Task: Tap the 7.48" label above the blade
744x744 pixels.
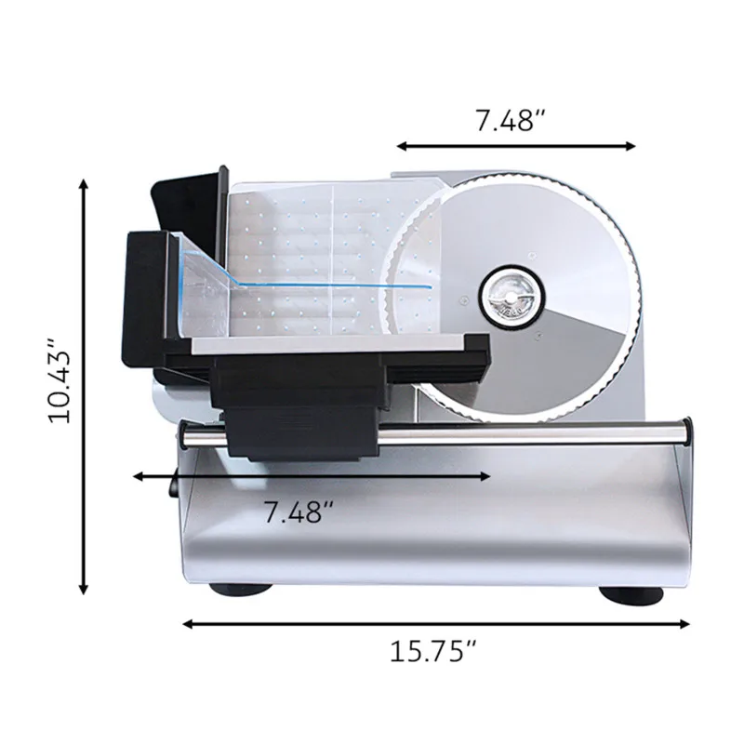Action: coord(509,121)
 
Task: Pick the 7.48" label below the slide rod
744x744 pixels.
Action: coord(299,511)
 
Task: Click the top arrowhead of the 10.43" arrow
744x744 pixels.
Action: coord(85,186)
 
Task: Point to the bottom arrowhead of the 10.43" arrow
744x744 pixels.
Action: coord(85,589)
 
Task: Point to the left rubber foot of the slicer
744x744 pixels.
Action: coord(240,588)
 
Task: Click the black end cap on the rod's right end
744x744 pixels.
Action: coord(686,432)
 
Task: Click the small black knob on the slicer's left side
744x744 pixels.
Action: coord(173,484)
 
